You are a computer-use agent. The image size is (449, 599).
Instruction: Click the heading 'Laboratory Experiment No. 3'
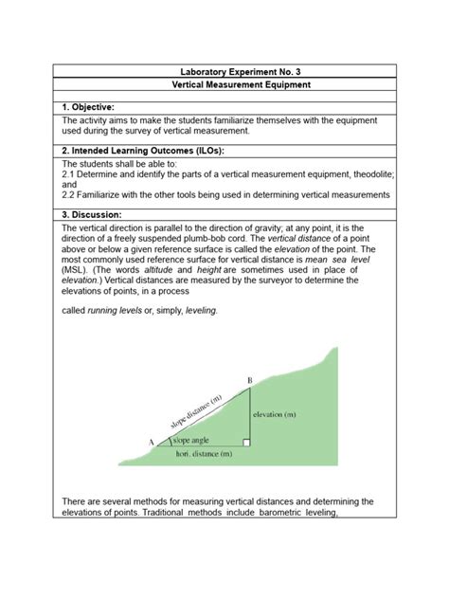pyautogui.click(x=224, y=71)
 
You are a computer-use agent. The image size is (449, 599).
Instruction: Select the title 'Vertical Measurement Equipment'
pyautogui.click(x=224, y=85)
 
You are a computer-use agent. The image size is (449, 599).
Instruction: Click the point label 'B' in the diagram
pyautogui.click(x=249, y=381)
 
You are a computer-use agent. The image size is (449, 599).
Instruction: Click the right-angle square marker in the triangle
pyautogui.click(x=245, y=441)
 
